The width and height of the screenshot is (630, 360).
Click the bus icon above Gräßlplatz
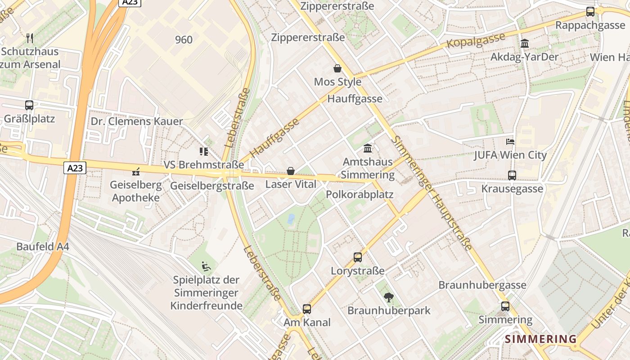(29, 105)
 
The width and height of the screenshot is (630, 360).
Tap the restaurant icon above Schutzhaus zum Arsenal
(30, 38)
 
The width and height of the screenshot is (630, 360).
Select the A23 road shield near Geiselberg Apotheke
(75, 168)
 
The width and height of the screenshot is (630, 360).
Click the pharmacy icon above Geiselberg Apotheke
(135, 171)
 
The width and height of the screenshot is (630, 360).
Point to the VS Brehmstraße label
(203, 165)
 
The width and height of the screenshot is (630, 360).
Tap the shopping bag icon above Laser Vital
(291, 171)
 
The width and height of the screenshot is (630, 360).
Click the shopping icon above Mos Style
(337, 68)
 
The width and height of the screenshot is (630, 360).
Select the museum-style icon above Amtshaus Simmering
(368, 148)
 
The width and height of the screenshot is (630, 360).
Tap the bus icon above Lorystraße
(358, 257)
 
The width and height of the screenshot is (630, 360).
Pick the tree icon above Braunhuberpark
(388, 297)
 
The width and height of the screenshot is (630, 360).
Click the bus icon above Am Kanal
(307, 309)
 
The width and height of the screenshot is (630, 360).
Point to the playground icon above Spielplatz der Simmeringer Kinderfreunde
(206, 266)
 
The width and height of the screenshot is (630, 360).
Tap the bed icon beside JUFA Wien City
(510, 142)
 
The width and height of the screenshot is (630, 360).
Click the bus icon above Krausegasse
(512, 175)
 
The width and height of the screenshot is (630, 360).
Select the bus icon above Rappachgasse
(590, 12)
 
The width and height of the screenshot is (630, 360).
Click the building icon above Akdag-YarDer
(524, 44)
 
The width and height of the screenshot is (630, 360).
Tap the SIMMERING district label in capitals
(540, 339)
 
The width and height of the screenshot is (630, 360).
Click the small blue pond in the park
(291, 219)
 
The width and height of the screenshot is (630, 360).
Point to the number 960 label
(184, 40)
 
